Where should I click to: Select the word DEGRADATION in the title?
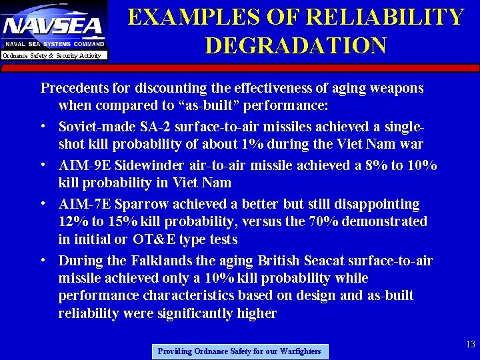pos(295,45)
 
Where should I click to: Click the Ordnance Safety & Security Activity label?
pos(53,55)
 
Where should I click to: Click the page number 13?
pos(470,344)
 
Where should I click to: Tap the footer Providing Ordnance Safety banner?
pos(239,351)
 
